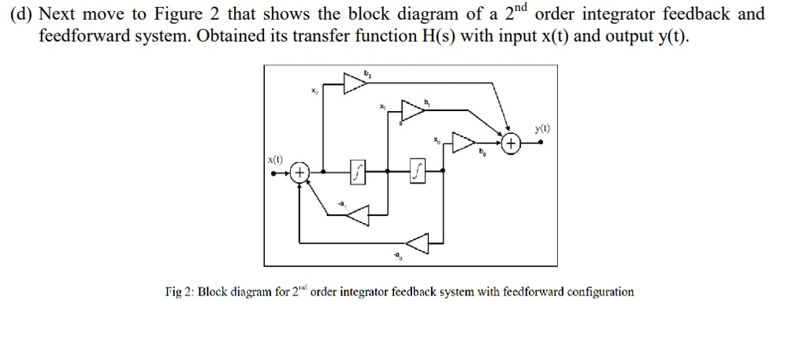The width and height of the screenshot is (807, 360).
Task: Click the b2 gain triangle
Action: pos(355,83)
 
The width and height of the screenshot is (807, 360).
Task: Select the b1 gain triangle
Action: pos(413,112)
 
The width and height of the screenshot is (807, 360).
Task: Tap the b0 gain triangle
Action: pos(464,145)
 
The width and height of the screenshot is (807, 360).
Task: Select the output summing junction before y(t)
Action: pos(511,145)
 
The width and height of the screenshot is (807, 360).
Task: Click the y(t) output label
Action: pos(541,128)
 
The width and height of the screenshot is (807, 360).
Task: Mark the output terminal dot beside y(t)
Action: pos(540,145)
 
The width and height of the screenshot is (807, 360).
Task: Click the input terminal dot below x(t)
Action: pos(273,173)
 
